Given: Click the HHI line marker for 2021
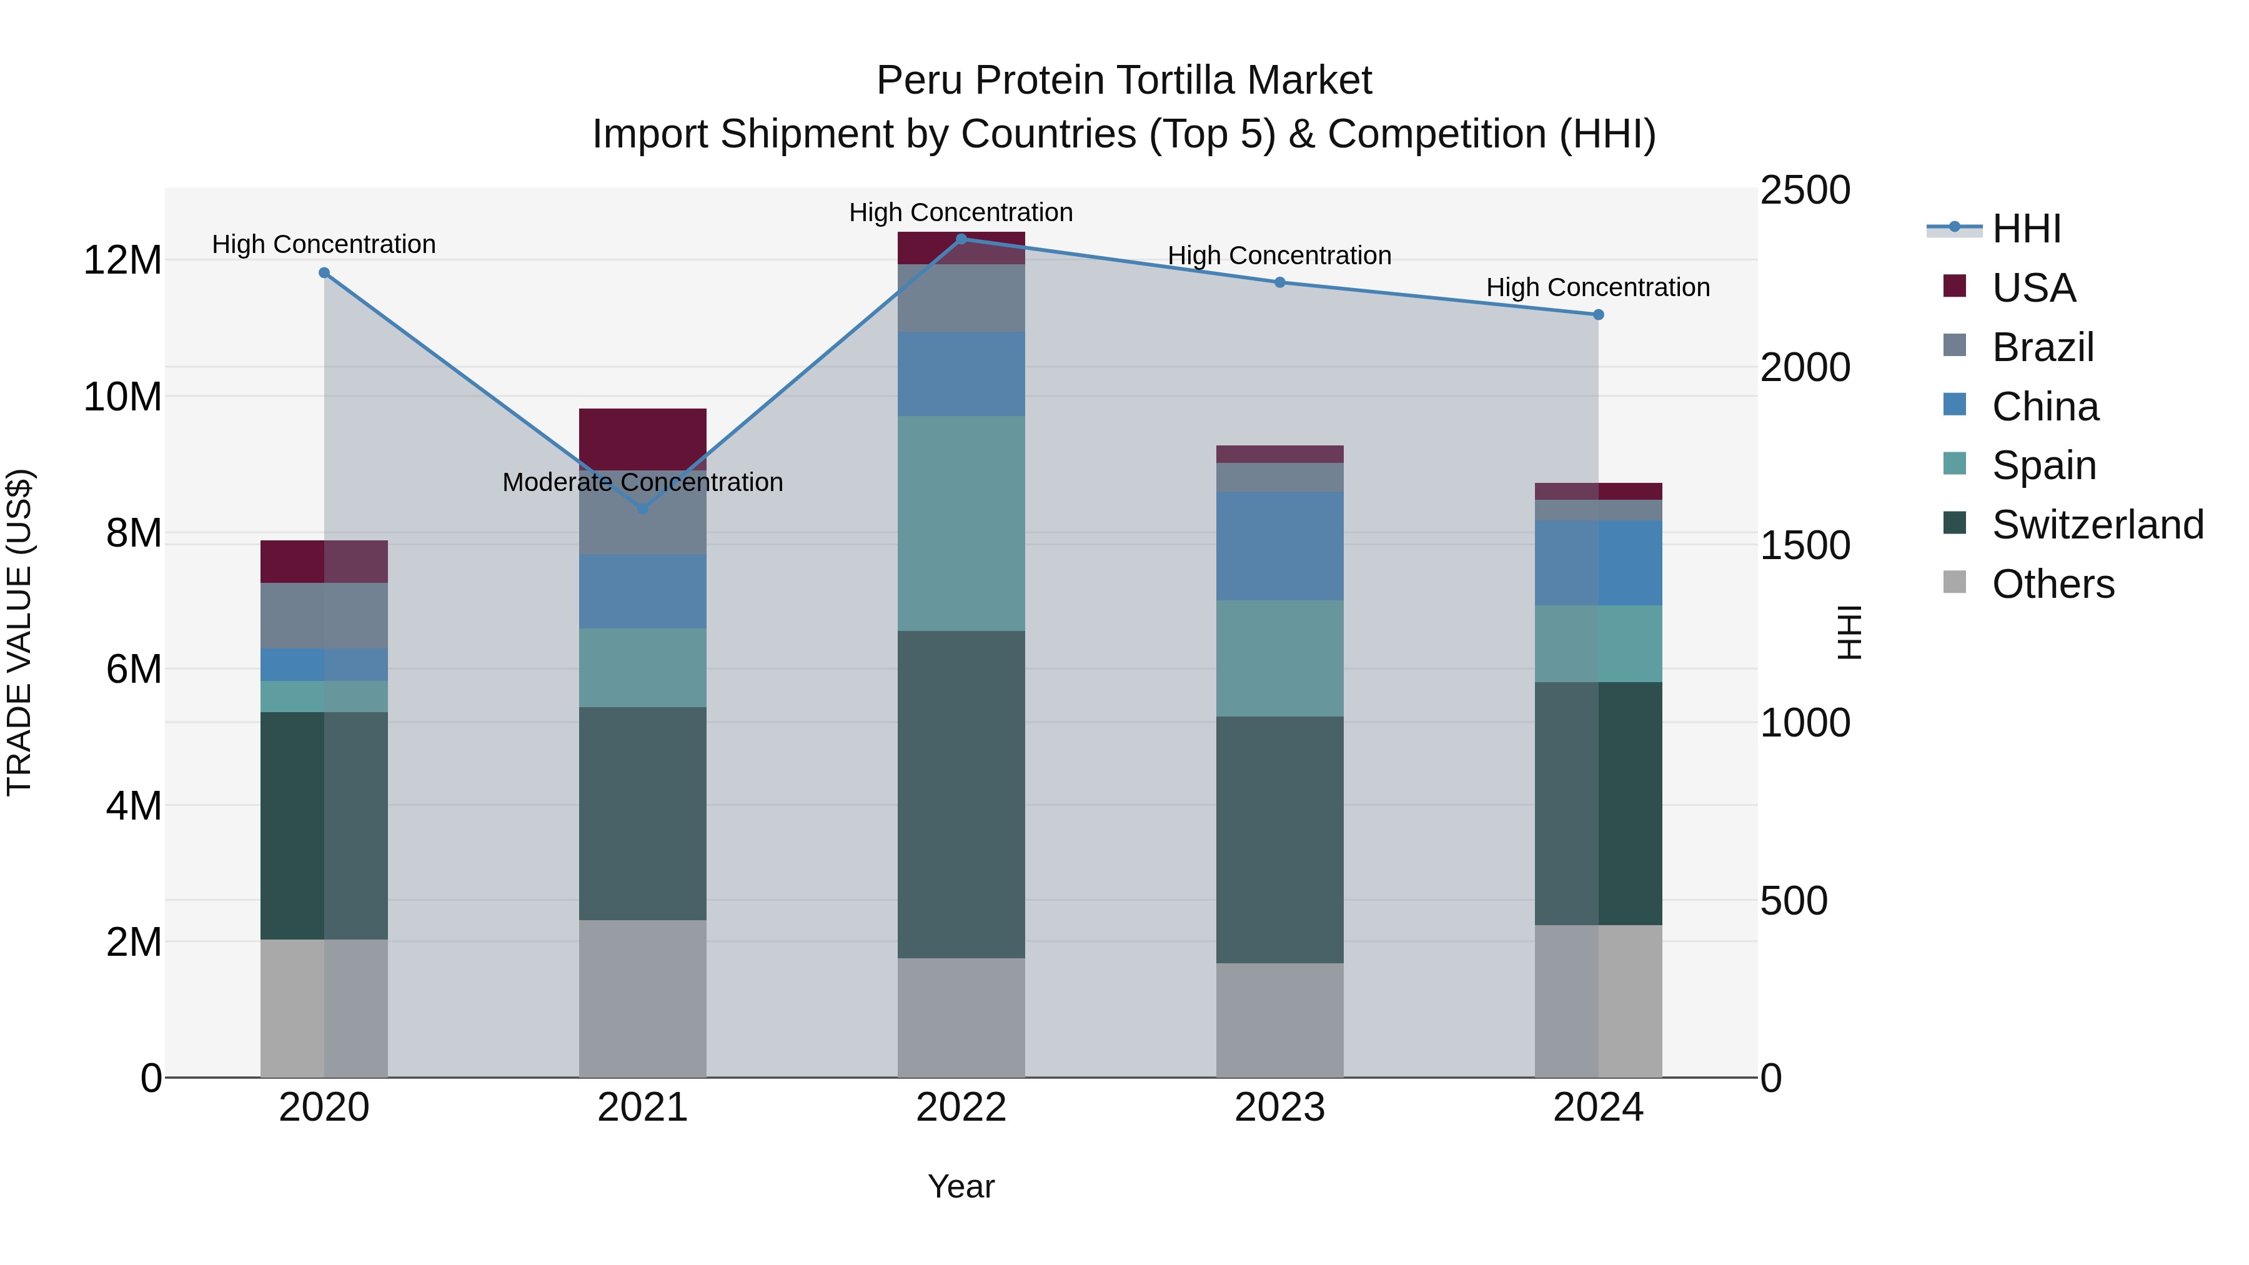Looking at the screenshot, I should pos(643,508).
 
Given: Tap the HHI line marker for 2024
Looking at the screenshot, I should pos(1597,314).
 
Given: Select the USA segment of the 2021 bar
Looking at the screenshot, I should pos(643,439).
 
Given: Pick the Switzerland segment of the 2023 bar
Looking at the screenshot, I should pos(1280,839).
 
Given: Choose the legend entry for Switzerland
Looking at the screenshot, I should pos(2097,525).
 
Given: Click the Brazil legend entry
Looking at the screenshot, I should pos(2042,347).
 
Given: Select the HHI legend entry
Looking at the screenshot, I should pos(2025,229).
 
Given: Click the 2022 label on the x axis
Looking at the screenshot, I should pos(961,1108).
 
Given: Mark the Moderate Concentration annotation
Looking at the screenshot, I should pos(643,482).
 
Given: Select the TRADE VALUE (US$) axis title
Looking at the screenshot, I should pos(19,632).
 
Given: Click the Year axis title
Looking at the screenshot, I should pos(961,1186).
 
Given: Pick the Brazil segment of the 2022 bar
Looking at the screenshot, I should pos(961,298).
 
